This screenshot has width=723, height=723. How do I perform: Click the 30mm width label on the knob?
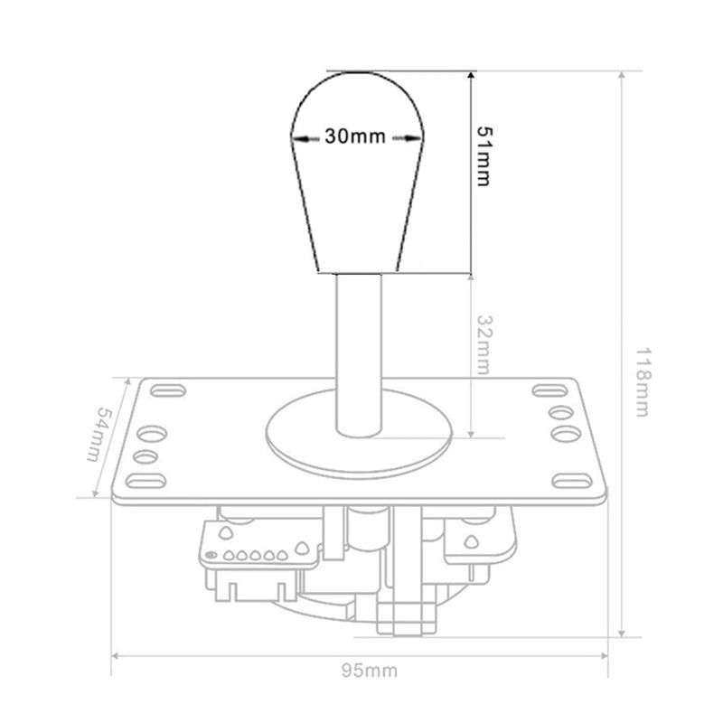pyautogui.click(x=355, y=136)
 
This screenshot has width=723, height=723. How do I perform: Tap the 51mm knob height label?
pyautogui.click(x=484, y=156)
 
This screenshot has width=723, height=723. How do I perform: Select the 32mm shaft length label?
pyautogui.click(x=484, y=344)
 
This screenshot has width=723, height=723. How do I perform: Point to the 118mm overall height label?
pyautogui.click(x=643, y=382)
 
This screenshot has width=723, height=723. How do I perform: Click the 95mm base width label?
pyautogui.click(x=370, y=671)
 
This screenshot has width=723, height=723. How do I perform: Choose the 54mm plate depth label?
pyautogui.click(x=100, y=434)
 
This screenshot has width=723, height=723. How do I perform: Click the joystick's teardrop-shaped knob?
pyautogui.click(x=357, y=172)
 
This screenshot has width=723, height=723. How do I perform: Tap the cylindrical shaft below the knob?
pyautogui.click(x=359, y=355)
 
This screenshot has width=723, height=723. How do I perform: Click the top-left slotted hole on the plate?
pyautogui.click(x=168, y=390)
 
